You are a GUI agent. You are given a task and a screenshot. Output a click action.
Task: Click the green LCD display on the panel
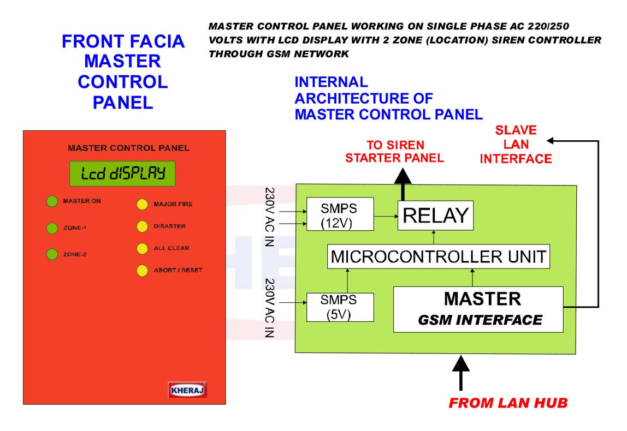point(122,173)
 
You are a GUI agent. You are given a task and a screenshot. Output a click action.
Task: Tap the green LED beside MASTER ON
point(52,201)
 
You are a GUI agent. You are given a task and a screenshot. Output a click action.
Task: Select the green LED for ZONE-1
point(52,228)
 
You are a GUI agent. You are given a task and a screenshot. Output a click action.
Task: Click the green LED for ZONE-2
point(52,254)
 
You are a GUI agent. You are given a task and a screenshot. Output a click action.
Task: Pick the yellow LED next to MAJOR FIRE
point(143,204)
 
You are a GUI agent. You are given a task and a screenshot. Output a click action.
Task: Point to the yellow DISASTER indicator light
point(143,226)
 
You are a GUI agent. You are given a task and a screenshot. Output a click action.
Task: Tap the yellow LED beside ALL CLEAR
point(143,248)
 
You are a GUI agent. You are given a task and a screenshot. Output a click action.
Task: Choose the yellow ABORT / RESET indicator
point(143,271)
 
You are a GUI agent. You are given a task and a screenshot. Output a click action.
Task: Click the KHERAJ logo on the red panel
point(187,390)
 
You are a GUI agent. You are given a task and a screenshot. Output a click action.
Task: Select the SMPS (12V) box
point(340,214)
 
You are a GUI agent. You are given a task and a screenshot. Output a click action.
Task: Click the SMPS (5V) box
point(340,307)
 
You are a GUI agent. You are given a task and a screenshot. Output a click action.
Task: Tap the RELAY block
point(435,215)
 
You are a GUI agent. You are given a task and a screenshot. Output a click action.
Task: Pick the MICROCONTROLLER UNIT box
point(438,256)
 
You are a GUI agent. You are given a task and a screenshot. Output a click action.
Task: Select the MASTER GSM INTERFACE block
point(478,309)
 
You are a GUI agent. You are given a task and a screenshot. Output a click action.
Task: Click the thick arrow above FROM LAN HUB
point(461,373)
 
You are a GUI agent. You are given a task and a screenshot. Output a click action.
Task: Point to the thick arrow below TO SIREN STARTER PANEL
point(403,184)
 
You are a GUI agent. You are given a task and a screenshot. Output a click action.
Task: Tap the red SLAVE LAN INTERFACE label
point(516,144)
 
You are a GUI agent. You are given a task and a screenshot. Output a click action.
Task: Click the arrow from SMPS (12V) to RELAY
point(386,216)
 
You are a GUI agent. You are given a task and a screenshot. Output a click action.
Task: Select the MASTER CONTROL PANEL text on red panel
point(128,148)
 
